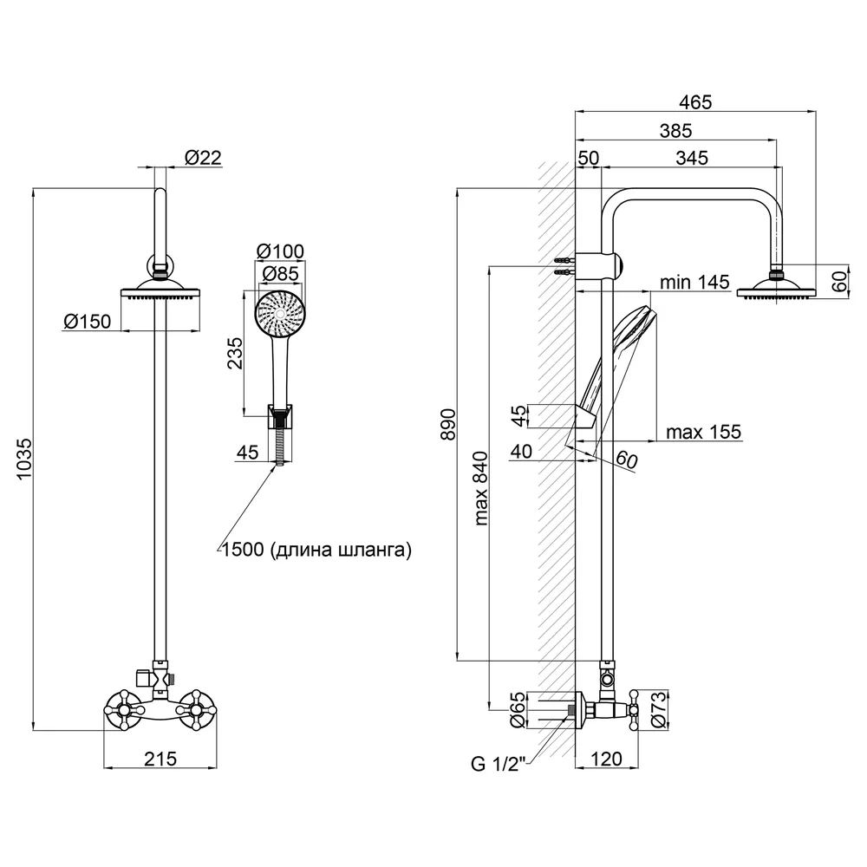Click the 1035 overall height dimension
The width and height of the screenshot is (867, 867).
[24, 459]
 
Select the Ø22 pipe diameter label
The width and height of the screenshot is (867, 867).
[203, 158]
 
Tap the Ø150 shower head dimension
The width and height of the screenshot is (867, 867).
[88, 322]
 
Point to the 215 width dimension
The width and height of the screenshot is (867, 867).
[160, 759]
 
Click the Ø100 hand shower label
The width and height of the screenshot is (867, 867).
[280, 251]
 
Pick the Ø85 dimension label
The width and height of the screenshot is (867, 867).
[280, 274]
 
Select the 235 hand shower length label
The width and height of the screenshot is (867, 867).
[235, 354]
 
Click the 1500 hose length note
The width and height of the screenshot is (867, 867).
[316, 550]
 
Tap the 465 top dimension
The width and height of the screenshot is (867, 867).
[695, 102]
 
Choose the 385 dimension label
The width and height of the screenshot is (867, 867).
[675, 131]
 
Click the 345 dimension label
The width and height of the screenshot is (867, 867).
[692, 158]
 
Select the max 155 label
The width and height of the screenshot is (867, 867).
[703, 432]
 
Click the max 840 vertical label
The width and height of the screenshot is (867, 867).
[480, 488]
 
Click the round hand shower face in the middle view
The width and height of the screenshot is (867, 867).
[280, 314]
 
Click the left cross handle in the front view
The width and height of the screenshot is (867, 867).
[124, 710]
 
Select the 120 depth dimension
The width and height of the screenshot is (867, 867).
[607, 759]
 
